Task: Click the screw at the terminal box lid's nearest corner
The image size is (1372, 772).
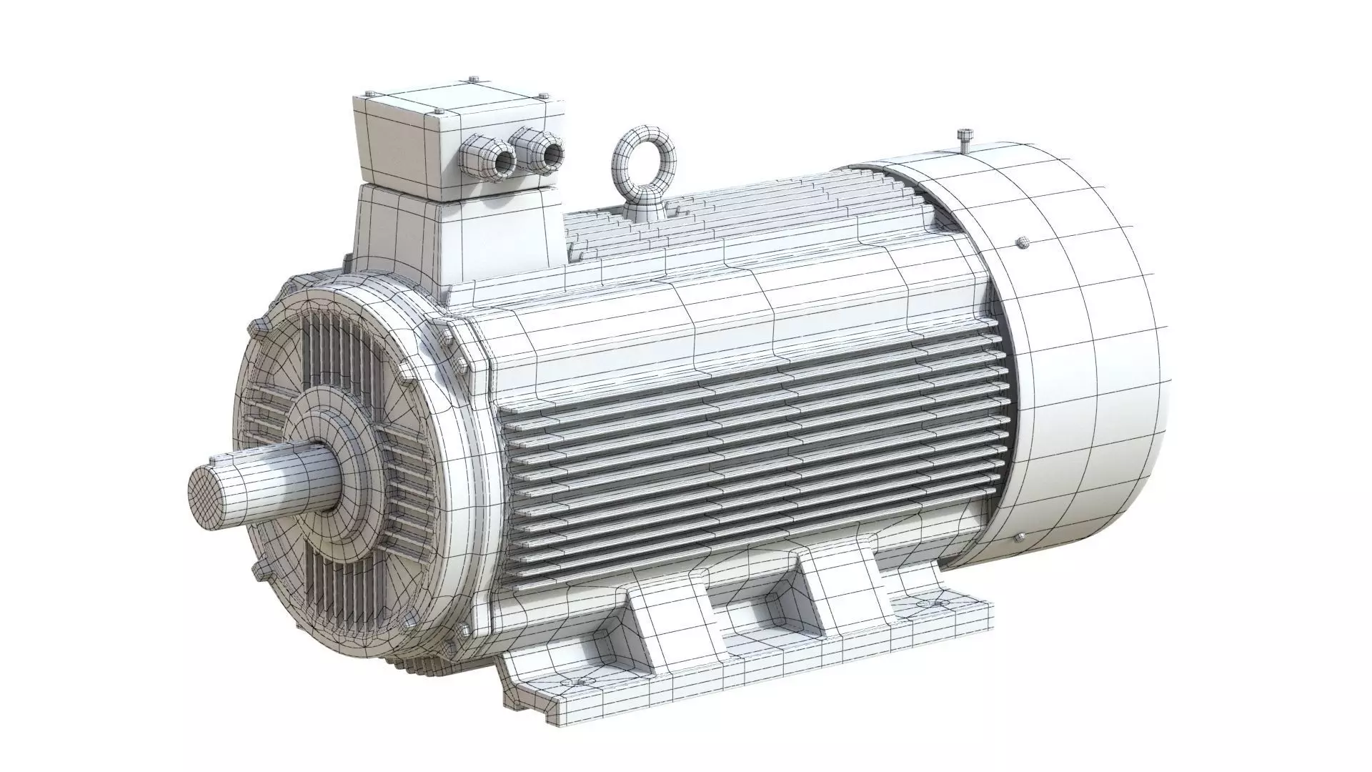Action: tap(437, 112)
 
